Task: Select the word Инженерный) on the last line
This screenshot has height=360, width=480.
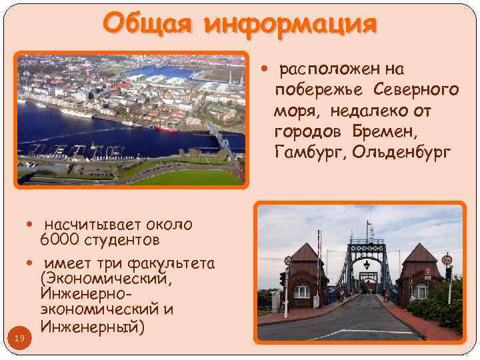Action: coord(91,327)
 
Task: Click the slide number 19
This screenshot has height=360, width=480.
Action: coord(19,339)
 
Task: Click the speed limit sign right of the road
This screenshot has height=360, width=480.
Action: coord(447,259)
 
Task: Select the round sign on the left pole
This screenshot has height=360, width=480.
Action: coord(287,261)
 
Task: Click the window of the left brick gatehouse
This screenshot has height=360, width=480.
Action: coord(303,291)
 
